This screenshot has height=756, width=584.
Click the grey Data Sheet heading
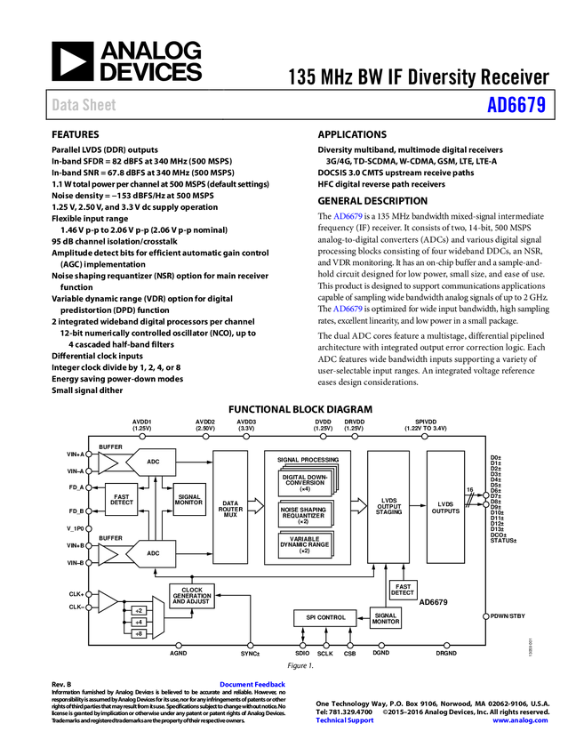coord(84,105)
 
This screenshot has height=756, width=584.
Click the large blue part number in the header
coord(516,105)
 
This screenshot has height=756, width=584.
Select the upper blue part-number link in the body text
coord(348,216)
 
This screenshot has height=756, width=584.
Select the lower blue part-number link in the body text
coord(348,310)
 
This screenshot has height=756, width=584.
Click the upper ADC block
coord(153,462)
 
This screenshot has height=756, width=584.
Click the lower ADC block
coord(153,553)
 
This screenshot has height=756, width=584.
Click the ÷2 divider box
coord(139,611)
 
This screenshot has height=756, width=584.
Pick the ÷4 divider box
coord(139,623)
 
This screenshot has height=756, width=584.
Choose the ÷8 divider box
coord(139,634)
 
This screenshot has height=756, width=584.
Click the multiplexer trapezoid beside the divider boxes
coord(158,617)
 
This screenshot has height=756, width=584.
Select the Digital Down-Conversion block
coord(305,481)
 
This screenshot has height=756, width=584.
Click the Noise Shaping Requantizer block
coord(305,513)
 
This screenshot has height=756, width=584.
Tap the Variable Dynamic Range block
coord(305,543)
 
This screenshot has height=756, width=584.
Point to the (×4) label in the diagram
coord(305,489)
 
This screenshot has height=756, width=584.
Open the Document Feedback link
coord(253,685)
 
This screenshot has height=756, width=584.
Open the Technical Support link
coord(345,720)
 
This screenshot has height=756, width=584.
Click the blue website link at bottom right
coord(520,720)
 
